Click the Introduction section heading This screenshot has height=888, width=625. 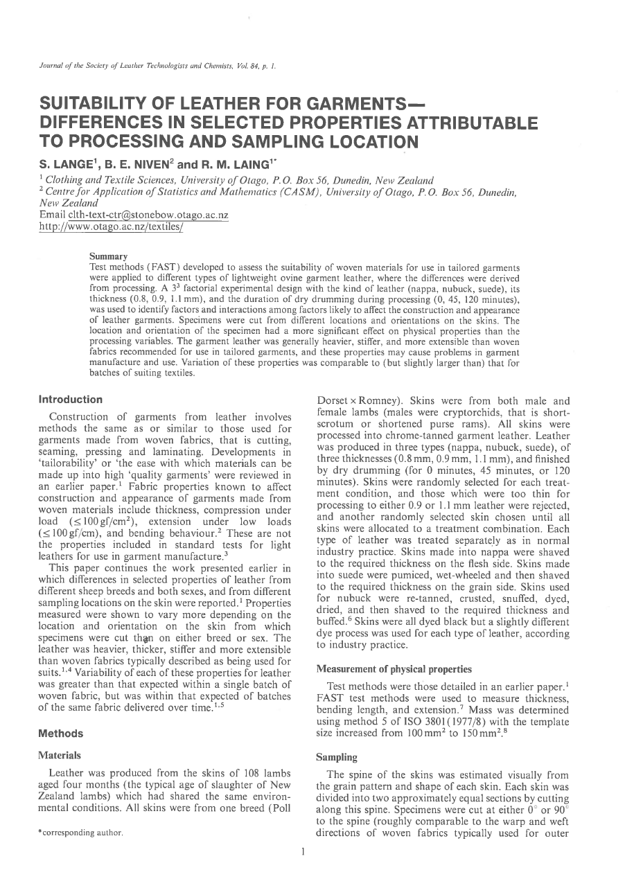pyautogui.click(x=70, y=400)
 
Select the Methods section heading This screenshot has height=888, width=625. pyautogui.click(x=61, y=734)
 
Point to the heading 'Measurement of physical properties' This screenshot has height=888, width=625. pyautogui.click(x=394, y=669)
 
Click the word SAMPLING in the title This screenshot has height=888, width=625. pyautogui.click(x=267, y=143)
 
